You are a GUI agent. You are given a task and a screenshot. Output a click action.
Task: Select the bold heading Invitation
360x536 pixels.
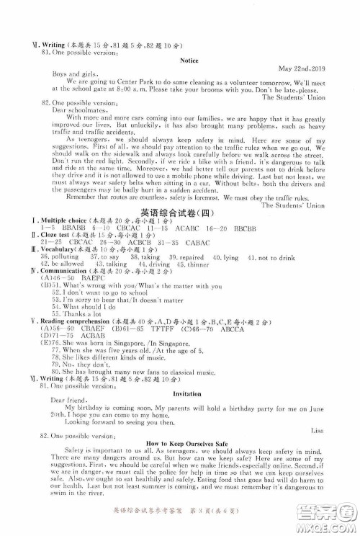click(189, 394)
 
